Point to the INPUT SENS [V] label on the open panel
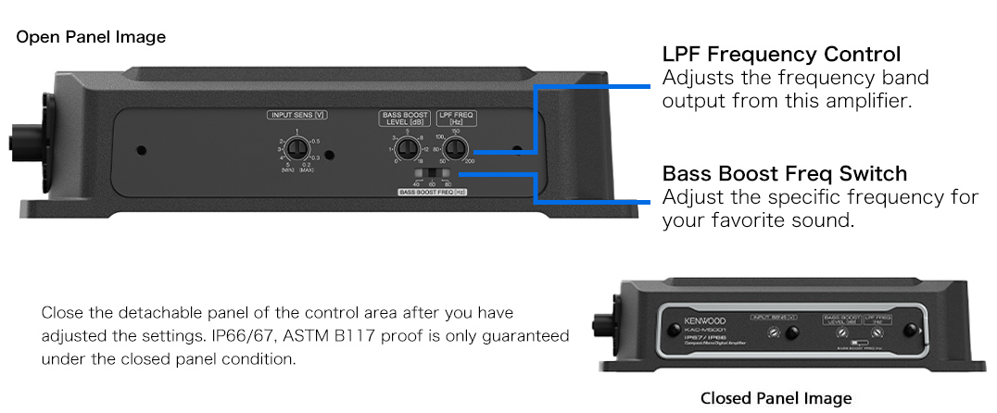pos(297,116)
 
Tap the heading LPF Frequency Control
pos(781,54)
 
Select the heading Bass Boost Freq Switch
pos(784,173)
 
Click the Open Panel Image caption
pos(91,37)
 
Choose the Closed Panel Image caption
pos(776,398)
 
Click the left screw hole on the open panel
pos(141,149)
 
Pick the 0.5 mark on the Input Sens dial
pos(315,141)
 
